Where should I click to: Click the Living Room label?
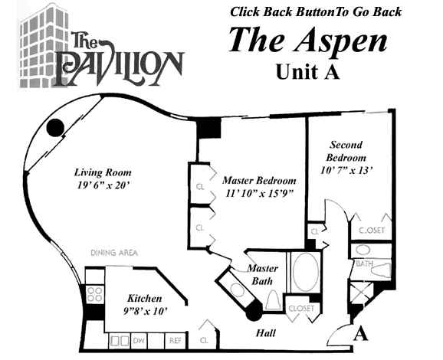[103, 172]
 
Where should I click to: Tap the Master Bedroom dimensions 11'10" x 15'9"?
[259, 194]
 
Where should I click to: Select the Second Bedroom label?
[346, 151]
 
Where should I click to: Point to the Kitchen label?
[144, 299]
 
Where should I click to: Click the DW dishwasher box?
[139, 341]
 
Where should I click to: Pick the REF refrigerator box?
[176, 341]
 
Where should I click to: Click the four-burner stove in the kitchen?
[95, 294]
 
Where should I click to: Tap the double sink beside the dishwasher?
[120, 341]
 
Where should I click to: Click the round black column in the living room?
[55, 128]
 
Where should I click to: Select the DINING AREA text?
[114, 253]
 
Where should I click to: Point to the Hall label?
[266, 333]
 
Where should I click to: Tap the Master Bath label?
[262, 274]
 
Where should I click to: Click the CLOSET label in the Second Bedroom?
[372, 231]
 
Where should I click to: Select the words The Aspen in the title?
[308, 40]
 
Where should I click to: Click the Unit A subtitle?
[308, 72]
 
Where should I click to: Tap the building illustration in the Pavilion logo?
[43, 47]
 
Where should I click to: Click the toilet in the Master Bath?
[273, 300]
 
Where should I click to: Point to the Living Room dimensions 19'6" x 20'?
[103, 185]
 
